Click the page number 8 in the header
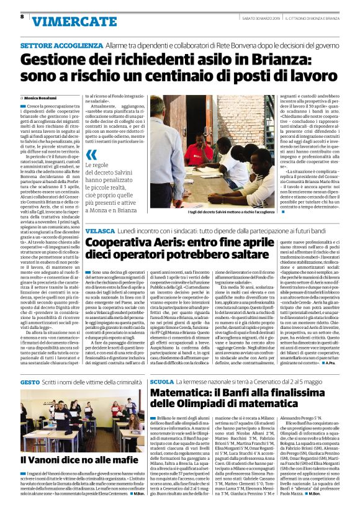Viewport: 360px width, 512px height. tap(22, 17)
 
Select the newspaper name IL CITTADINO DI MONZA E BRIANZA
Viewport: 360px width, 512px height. tap(313, 17)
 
